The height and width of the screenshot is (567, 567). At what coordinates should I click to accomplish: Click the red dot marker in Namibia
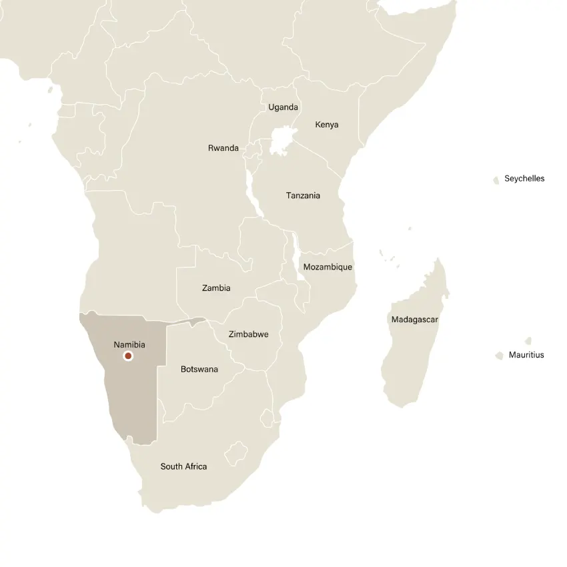[x=128, y=356]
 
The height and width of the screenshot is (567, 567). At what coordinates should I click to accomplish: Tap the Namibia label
[x=129, y=345]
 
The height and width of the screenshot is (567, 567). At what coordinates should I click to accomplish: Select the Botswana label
[x=199, y=369]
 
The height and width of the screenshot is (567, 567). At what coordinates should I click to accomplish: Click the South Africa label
[x=183, y=466]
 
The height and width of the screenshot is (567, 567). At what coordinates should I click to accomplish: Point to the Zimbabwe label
[x=248, y=334]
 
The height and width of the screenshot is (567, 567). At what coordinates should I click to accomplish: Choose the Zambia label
[x=216, y=288]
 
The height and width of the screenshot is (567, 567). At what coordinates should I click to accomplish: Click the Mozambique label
[x=328, y=267]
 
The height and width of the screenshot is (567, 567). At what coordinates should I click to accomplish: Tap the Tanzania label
[x=303, y=195]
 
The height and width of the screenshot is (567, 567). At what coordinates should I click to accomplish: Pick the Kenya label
[x=326, y=125]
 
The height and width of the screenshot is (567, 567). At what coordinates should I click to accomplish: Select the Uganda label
[x=283, y=107]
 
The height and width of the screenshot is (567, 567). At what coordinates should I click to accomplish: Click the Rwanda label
[x=223, y=148]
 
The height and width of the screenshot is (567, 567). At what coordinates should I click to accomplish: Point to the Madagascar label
[x=414, y=320]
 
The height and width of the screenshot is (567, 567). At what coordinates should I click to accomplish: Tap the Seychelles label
[x=524, y=179]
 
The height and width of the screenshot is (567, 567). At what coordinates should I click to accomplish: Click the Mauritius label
[x=526, y=355]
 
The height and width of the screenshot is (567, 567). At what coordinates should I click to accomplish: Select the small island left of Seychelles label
[x=496, y=180]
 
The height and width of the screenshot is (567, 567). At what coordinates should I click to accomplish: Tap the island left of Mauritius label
[x=499, y=356]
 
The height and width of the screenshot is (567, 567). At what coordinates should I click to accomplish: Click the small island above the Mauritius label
[x=528, y=341]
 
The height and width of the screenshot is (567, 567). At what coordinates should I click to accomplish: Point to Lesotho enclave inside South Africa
[x=236, y=454]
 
